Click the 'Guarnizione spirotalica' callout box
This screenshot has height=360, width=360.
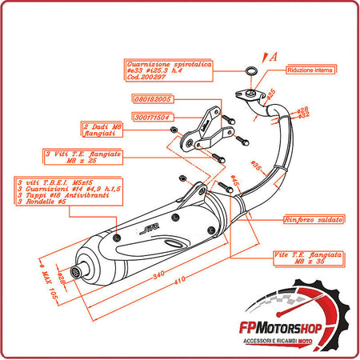(168, 69)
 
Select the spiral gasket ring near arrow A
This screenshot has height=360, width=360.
(251, 70)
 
